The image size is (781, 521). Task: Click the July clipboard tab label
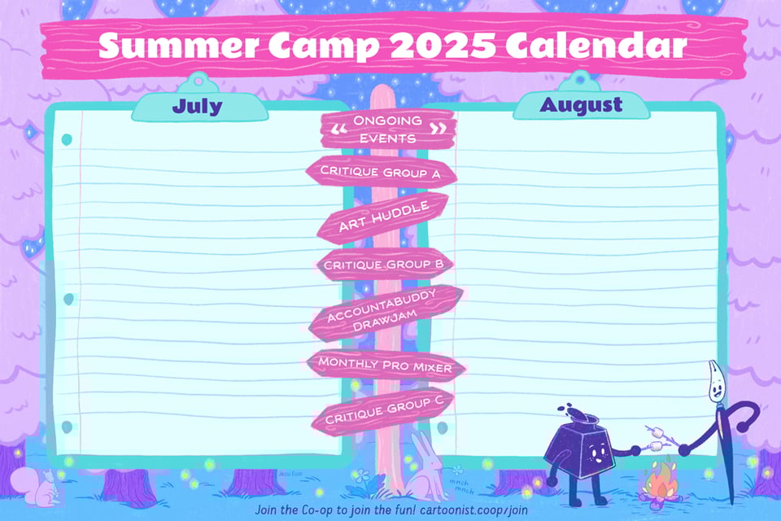(197, 106)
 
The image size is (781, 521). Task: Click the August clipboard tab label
(581, 105)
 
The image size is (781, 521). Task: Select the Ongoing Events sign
(387, 129)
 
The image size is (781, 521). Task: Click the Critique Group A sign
(381, 172)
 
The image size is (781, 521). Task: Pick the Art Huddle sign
(383, 217)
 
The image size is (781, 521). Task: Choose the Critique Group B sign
(383, 265)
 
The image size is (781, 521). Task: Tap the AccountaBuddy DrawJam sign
(386, 312)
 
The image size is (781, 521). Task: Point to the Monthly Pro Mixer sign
(386, 365)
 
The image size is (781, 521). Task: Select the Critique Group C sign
(383, 409)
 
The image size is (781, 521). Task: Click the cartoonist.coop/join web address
(473, 510)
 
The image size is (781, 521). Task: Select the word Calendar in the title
(596, 45)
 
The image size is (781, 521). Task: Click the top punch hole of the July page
(66, 139)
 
